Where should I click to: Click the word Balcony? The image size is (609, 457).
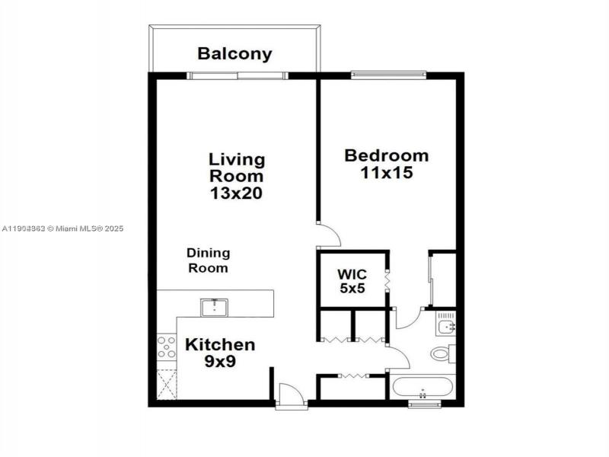point(234,54)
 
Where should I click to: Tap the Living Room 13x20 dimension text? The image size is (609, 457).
point(237,193)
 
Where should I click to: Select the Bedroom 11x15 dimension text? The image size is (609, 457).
point(387,173)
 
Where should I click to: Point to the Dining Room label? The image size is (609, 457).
point(209,260)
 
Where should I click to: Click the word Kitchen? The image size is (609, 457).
point(220,344)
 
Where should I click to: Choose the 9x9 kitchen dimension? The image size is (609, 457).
point(220,362)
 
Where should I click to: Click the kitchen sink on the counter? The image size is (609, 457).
point(215,307)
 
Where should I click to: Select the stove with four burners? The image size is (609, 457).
point(166,347)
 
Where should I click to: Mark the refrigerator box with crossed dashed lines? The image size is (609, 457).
point(166,384)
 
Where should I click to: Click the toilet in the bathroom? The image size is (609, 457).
point(442,353)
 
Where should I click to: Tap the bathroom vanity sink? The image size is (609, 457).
point(446,328)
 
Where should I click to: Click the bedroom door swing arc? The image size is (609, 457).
point(328,235)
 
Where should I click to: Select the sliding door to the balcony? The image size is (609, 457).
point(238,75)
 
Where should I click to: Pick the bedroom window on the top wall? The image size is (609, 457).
point(387,75)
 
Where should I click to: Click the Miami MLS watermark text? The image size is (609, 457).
point(62,228)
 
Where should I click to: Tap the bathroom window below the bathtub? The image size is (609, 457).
point(424,404)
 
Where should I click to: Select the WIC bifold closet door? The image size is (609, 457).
point(387,279)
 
